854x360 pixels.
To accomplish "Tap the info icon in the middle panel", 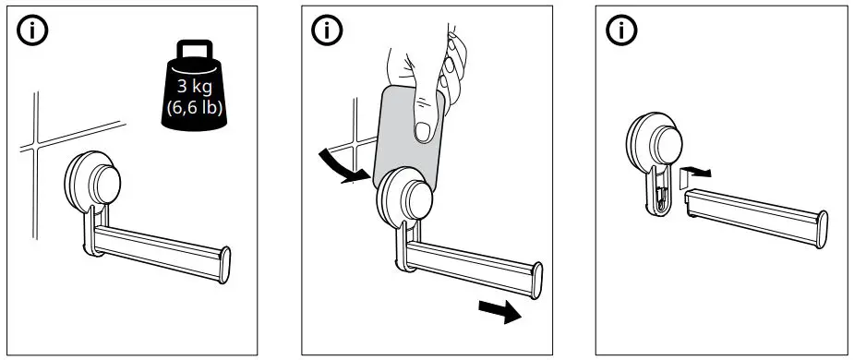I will click(326, 30).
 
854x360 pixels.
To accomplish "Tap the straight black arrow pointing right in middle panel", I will click(499, 311).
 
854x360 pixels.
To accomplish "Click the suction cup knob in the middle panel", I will click(408, 198).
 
